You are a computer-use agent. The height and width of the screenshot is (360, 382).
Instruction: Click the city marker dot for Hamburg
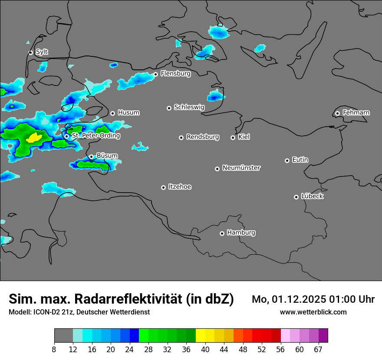(x=222, y=233)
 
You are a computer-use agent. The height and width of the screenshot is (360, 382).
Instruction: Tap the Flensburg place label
(x=175, y=74)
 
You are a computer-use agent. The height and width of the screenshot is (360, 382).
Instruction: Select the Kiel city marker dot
(x=233, y=137)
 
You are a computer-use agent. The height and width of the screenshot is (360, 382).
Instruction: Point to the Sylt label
(x=42, y=52)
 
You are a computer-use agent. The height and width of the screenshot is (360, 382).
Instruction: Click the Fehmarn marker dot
(x=337, y=113)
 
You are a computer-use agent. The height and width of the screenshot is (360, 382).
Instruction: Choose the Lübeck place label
(x=312, y=196)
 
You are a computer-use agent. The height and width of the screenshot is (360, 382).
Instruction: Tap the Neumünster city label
(x=241, y=168)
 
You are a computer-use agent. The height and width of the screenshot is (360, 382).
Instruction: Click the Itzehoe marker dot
(x=163, y=187)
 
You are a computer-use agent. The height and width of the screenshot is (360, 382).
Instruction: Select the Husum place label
(x=128, y=113)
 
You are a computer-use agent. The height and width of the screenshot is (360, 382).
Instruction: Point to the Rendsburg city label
(x=203, y=137)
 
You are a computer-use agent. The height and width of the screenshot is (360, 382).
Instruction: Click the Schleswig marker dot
(x=169, y=108)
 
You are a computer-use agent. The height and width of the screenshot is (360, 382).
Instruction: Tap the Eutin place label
(x=300, y=160)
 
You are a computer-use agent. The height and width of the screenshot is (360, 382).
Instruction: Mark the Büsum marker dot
(x=91, y=157)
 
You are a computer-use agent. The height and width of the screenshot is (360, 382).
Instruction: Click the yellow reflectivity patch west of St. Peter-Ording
(x=33, y=138)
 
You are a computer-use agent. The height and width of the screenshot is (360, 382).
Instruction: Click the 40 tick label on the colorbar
(x=205, y=350)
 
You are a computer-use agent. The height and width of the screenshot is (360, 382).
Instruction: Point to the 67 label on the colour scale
(x=318, y=350)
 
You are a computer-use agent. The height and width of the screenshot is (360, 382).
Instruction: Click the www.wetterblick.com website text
(x=313, y=312)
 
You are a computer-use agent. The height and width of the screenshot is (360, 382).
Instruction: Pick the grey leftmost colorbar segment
(x=63, y=336)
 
